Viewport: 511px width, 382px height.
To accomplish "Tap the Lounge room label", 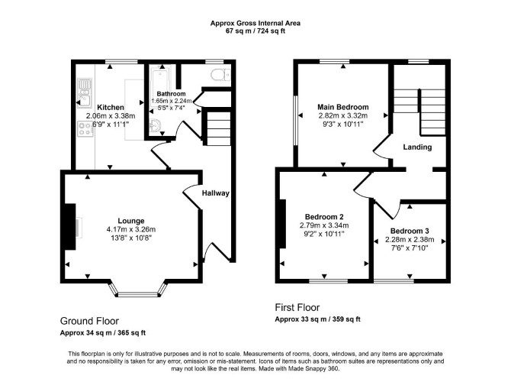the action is pyautogui.click(x=131, y=221).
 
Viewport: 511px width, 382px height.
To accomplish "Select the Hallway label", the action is pyautogui.click(x=215, y=193).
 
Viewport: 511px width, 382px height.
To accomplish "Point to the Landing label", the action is pyautogui.click(x=417, y=147).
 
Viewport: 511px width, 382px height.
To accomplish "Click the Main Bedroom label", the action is pyautogui.click(x=343, y=107).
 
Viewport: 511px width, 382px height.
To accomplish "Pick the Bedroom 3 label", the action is pyautogui.click(x=410, y=231).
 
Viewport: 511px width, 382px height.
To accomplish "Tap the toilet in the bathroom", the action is pyautogui.click(x=220, y=75).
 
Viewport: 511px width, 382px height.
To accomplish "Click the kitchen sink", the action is pyautogui.click(x=85, y=93).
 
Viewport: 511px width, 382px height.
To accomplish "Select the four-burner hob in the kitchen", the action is pyautogui.click(x=85, y=128).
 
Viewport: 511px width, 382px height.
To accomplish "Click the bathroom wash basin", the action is pyautogui.click(x=155, y=126).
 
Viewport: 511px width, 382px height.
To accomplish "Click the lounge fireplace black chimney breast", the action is pyautogui.click(x=70, y=227).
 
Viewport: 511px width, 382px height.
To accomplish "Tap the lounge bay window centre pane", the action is pyautogui.click(x=137, y=295).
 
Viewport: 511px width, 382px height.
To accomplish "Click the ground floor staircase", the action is pyautogui.click(x=218, y=128).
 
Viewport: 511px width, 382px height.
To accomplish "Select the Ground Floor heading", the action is pyautogui.click(x=89, y=321).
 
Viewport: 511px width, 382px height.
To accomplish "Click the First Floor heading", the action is pyautogui.click(x=297, y=308).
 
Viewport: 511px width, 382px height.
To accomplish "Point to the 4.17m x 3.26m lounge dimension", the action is pyautogui.click(x=131, y=229).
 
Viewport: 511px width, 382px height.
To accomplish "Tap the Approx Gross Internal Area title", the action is pyautogui.click(x=256, y=23).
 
